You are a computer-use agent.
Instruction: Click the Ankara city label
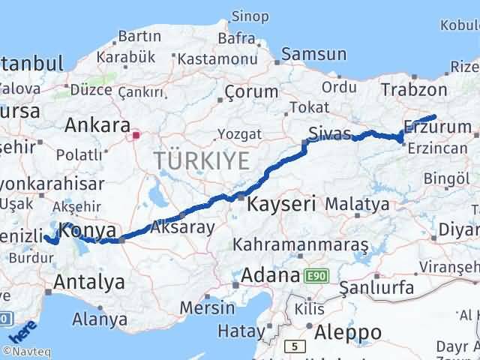click(97, 124)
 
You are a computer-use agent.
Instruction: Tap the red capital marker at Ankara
click(136, 136)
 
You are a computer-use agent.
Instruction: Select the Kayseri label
click(282, 203)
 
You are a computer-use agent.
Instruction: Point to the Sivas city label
click(328, 133)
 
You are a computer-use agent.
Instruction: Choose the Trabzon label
click(413, 90)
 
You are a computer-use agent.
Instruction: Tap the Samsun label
click(313, 54)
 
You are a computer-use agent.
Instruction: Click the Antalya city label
click(90, 282)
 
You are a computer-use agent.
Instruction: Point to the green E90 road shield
click(316, 277)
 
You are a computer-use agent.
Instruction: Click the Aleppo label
click(348, 331)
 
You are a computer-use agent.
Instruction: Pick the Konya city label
click(88, 230)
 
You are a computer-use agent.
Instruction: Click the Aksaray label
click(182, 226)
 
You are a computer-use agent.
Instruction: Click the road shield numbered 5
click(296, 346)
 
